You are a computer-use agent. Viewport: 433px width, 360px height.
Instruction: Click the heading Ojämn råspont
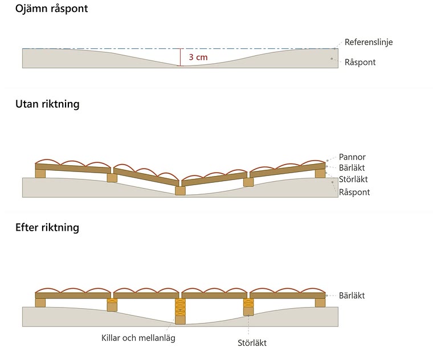(51, 9)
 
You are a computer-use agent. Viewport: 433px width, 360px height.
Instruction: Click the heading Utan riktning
(47, 104)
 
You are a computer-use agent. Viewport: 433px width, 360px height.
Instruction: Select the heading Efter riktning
(47, 227)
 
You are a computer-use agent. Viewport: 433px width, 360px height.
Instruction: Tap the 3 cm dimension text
(198, 57)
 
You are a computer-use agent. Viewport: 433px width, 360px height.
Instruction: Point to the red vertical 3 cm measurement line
(181, 58)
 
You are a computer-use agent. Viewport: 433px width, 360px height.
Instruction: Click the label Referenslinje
(369, 42)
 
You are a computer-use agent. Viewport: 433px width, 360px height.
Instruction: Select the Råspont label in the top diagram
(360, 62)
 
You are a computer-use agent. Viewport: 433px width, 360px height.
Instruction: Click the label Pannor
(352, 157)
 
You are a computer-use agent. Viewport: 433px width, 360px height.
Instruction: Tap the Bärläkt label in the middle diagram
(352, 167)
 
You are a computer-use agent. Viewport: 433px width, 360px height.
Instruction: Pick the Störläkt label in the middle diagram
(353, 179)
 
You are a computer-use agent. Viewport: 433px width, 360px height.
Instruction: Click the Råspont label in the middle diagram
(354, 192)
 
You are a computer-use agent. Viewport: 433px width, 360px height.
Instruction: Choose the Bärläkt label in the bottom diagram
(352, 296)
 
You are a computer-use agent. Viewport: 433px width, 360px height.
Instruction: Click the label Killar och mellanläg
(138, 338)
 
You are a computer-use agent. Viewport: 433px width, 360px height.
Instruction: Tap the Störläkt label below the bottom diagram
(252, 343)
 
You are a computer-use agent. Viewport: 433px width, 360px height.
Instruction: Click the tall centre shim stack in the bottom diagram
(181, 307)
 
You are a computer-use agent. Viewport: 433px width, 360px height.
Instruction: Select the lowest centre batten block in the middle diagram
(181, 191)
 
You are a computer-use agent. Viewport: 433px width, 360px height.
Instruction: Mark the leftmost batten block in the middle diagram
(40, 174)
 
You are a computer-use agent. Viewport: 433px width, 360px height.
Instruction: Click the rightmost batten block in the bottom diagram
(320, 303)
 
